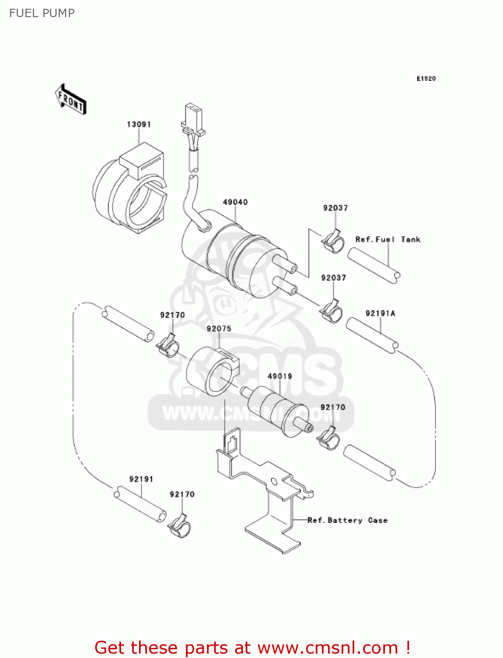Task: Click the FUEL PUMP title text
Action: click(42, 13)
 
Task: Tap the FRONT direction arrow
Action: click(71, 100)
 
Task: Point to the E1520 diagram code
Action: click(426, 79)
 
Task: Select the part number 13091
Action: click(139, 125)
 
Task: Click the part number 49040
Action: click(235, 202)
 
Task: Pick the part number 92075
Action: click(219, 329)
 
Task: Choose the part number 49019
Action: click(280, 376)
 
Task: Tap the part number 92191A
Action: click(380, 313)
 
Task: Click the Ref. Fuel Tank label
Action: click(388, 240)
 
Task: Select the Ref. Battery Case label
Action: click(347, 520)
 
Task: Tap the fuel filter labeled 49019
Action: click(276, 410)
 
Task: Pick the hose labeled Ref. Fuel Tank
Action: click(374, 266)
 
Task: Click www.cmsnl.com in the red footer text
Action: click(328, 648)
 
